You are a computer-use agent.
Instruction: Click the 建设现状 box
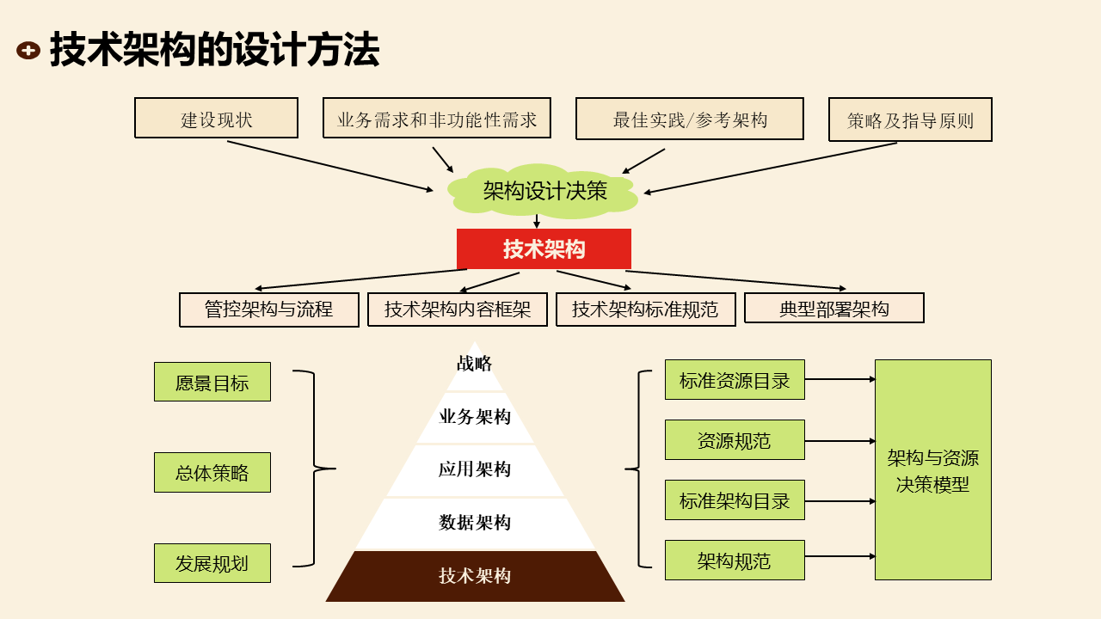coord(216,118)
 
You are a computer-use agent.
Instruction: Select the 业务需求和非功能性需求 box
coord(437,118)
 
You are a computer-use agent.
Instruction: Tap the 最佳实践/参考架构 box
coord(689,119)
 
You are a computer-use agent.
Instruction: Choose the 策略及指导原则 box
coord(910,120)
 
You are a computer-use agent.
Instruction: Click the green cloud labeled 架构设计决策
coord(544,190)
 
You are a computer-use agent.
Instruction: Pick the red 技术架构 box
coord(544,248)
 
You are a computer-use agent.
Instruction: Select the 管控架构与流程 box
coord(268,309)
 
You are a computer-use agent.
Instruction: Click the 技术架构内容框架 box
coord(457,309)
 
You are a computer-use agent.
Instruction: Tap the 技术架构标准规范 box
coord(645,309)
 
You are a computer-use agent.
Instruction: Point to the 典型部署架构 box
coord(833,308)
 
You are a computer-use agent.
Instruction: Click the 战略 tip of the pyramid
coord(475,365)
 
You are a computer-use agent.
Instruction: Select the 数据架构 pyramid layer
coord(475,523)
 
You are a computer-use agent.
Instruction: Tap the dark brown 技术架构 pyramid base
coord(475,576)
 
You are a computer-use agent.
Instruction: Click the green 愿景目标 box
coord(212,382)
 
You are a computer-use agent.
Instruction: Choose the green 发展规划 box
coord(212,563)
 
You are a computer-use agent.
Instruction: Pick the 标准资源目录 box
coord(735,380)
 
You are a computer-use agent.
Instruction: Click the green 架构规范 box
coord(735,561)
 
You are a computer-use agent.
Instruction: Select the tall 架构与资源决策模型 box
coord(932,469)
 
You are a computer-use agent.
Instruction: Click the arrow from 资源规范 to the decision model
coord(840,441)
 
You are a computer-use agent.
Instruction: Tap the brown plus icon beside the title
coord(28,51)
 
